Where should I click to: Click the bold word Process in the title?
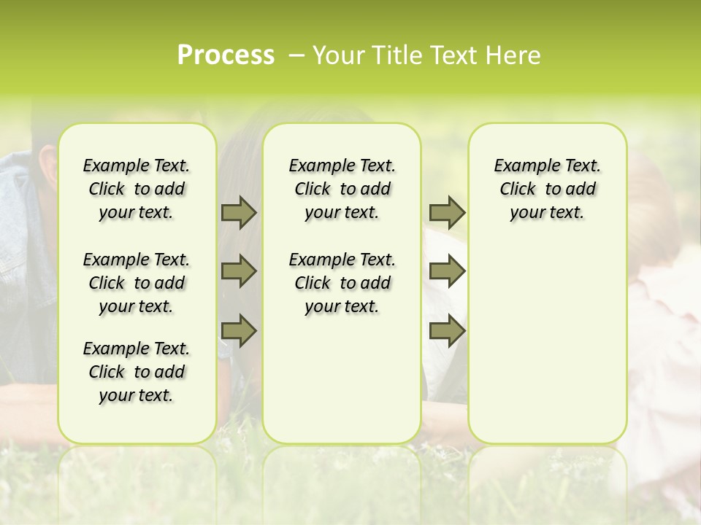click(x=226, y=55)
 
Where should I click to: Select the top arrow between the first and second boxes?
click(x=239, y=213)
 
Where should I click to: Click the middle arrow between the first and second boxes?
click(x=239, y=271)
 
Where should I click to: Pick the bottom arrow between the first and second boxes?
click(x=239, y=330)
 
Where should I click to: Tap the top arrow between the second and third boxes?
click(x=447, y=213)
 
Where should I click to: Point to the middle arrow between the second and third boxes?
click(x=447, y=271)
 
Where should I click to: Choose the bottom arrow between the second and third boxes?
click(x=447, y=330)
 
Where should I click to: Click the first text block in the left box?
click(x=137, y=189)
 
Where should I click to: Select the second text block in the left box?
click(x=137, y=283)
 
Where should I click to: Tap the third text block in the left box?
click(x=137, y=372)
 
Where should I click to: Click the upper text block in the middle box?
click(x=342, y=189)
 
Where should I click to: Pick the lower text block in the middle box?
click(x=342, y=283)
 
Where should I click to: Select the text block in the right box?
click(x=547, y=189)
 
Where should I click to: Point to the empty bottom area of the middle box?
click(x=342, y=386)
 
